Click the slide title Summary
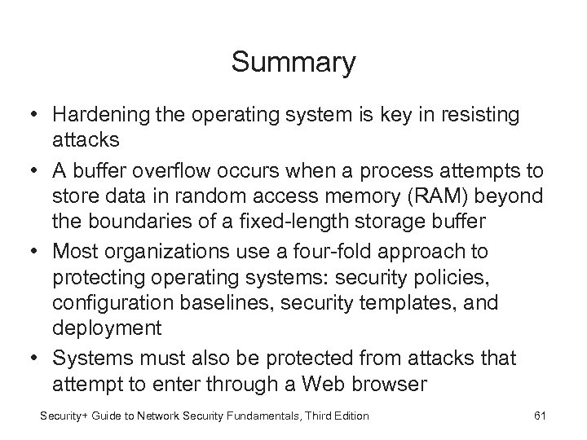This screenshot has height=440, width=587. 293,62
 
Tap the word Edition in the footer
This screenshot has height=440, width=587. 351,416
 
